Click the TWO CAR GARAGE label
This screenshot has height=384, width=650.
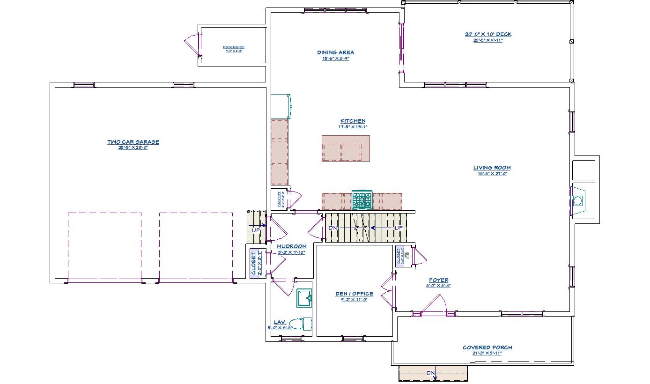click(x=133, y=142)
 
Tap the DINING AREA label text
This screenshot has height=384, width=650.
click(x=335, y=52)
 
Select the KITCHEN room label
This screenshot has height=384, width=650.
click(x=353, y=121)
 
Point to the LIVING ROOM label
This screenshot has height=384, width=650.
click(x=492, y=168)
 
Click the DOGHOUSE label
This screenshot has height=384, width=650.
click(x=233, y=47)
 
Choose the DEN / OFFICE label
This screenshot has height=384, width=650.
click(x=354, y=294)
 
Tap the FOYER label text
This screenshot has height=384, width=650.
click(x=438, y=280)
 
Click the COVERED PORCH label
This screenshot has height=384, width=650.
click(x=487, y=347)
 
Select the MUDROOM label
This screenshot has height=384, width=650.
click(x=291, y=246)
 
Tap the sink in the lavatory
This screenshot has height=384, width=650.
click(x=304, y=298)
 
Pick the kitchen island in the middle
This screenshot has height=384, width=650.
click(x=346, y=148)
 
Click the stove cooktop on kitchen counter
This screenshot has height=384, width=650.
click(x=362, y=200)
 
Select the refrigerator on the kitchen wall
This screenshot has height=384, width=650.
click(x=281, y=106)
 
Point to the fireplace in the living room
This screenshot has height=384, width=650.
click(x=577, y=200)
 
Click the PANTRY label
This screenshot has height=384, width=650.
click(x=279, y=199)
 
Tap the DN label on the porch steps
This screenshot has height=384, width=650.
click(x=431, y=373)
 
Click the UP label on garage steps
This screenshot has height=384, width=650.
click(x=256, y=230)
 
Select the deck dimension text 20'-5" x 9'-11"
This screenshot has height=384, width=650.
click(x=487, y=40)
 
